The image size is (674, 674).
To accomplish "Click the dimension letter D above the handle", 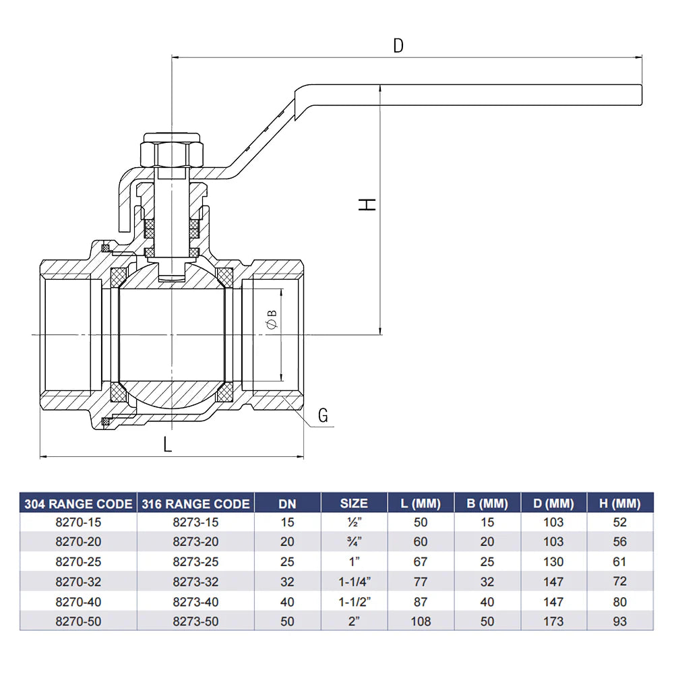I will coord(398,46).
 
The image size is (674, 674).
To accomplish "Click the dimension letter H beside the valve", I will coord(367,204).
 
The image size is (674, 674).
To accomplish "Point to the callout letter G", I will coord(323,416).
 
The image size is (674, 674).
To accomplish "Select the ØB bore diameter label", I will coord(272,319).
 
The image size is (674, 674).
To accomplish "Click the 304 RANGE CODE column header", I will coord(78,503).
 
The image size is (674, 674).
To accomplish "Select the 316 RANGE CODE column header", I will coord(195,503).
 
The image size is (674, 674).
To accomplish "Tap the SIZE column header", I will coord(354,503).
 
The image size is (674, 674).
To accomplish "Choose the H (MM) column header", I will coord(619,503).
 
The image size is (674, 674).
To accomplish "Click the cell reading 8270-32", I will coord(78,582).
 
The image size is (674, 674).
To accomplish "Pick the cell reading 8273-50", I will coord(195,621).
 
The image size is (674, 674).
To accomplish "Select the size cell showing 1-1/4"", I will coord(354,582).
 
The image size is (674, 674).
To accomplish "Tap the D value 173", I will coord(553,621).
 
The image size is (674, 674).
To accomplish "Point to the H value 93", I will coord(619,621).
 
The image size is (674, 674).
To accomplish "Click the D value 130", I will coord(553,562).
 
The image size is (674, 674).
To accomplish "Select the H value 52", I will coord(619,522).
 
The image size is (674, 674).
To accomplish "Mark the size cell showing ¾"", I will coord(354,542).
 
